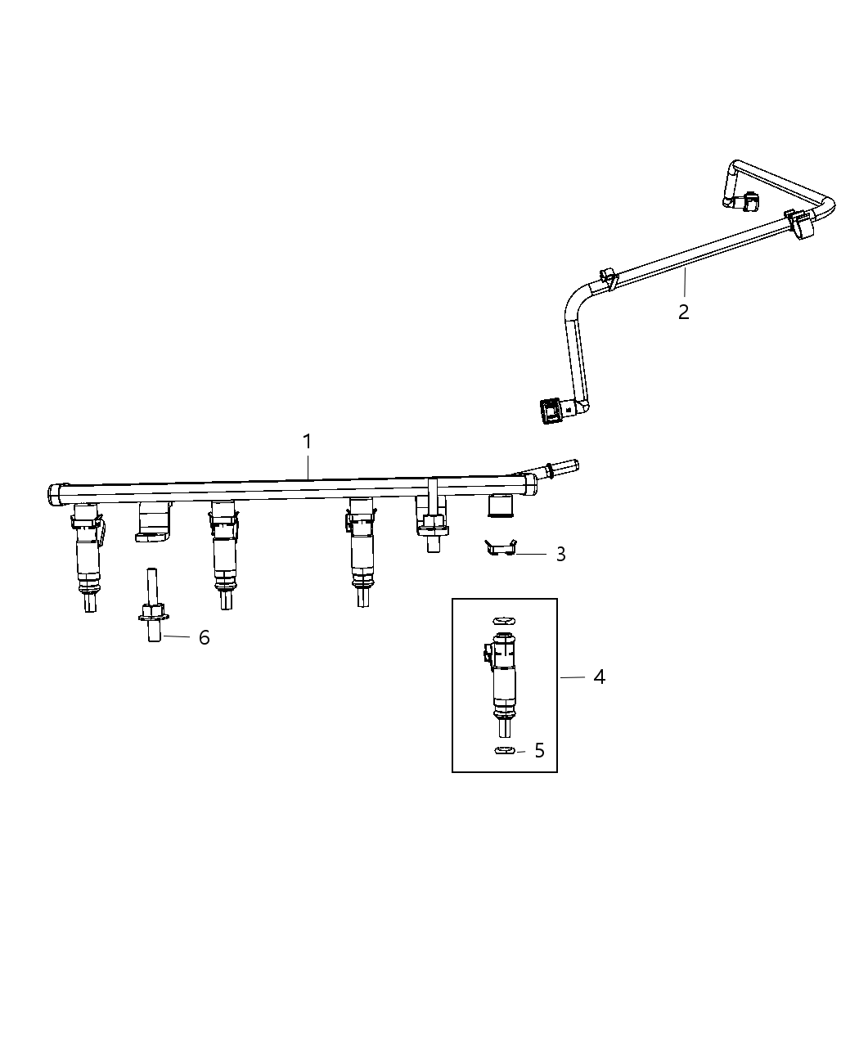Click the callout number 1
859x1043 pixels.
308,442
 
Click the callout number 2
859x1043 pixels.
684,312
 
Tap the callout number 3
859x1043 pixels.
560,555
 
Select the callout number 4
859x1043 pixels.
600,677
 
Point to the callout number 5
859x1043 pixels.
539,751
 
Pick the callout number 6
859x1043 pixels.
204,637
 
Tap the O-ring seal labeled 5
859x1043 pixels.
504,751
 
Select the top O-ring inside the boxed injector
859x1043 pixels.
505,622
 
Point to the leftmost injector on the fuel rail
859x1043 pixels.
88,556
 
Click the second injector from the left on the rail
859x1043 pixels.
223,552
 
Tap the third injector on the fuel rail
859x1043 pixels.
361,552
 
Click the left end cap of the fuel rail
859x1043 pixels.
55,495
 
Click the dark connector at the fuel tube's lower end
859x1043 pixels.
553,411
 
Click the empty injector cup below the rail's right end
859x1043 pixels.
501,506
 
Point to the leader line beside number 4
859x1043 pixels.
573,677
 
